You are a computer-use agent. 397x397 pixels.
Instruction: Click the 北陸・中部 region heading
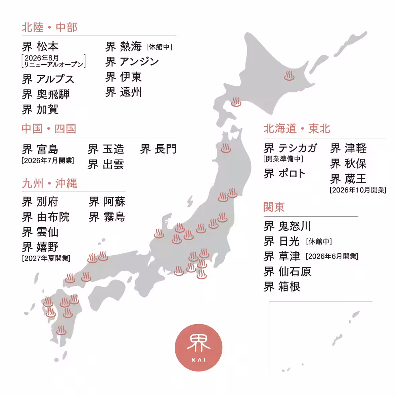(50, 27)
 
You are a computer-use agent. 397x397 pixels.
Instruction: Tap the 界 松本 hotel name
(40, 46)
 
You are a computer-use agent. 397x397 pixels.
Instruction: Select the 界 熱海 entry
(123, 46)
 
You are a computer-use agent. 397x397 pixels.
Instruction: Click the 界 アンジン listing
(132, 61)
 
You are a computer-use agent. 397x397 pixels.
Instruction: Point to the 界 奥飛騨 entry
(46, 94)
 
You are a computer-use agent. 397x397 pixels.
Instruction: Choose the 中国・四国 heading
(49, 129)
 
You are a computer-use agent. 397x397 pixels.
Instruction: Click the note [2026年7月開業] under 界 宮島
(48, 161)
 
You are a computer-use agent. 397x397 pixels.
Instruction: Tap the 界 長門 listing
(158, 149)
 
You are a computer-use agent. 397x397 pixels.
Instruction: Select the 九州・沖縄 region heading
(50, 183)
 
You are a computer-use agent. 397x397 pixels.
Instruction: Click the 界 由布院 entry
(46, 217)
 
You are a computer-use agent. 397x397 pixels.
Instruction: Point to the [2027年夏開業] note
(46, 258)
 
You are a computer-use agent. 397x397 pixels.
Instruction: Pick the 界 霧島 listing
(107, 217)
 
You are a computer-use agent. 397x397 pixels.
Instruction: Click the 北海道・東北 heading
(297, 129)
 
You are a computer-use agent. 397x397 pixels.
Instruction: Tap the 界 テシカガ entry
(290, 148)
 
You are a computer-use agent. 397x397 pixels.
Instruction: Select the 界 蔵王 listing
(348, 179)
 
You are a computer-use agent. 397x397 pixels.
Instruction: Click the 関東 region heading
(274, 207)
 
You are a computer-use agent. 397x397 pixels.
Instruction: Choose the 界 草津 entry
(282, 256)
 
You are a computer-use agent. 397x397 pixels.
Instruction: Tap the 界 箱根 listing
(282, 286)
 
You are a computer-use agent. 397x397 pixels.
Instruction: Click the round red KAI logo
(198, 348)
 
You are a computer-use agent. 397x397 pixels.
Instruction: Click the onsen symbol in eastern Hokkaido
(289, 76)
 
